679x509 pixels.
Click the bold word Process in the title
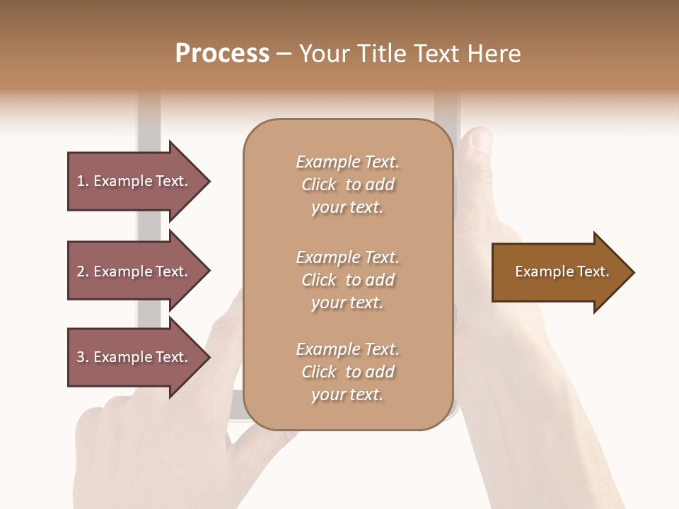[x=222, y=54]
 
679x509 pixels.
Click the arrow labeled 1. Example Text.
[x=134, y=182]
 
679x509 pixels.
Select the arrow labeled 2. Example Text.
[x=134, y=271]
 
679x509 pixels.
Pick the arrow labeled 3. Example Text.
[x=134, y=357]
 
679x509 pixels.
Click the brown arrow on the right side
[x=559, y=272]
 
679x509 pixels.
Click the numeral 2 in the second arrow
[x=81, y=271]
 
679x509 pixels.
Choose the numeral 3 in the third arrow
[x=81, y=357]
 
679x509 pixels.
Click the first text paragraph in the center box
[x=347, y=185]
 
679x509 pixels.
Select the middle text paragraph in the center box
[x=347, y=280]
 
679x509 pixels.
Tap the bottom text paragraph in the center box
[x=347, y=372]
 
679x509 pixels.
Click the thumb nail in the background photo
[x=481, y=139]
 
